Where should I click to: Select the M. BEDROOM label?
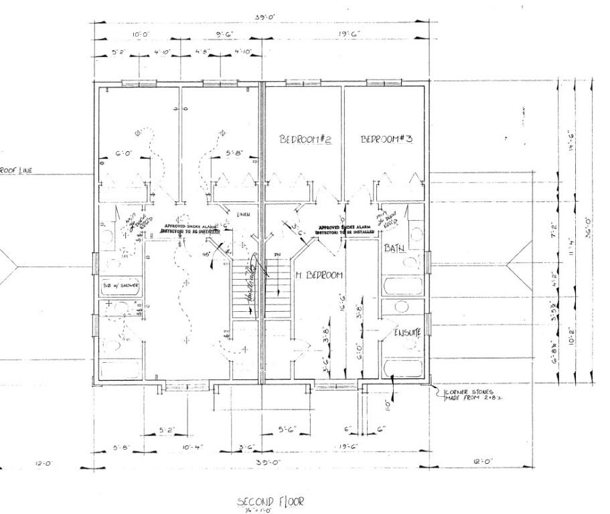pos(319,275)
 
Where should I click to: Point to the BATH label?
pos(394,249)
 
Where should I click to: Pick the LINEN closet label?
pos(244,214)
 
